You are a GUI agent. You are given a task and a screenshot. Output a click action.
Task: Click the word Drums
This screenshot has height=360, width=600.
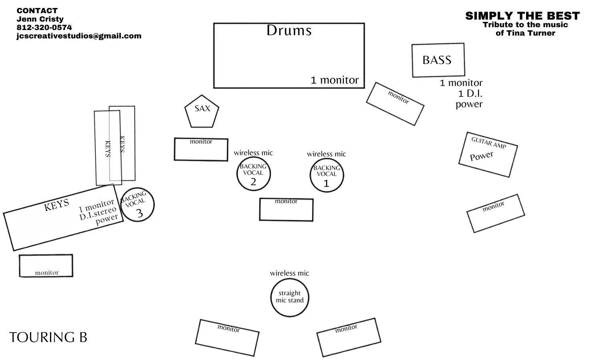289,30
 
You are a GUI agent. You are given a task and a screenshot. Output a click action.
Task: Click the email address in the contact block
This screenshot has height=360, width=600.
79,36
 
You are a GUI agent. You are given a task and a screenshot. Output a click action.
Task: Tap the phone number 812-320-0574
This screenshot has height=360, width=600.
44,27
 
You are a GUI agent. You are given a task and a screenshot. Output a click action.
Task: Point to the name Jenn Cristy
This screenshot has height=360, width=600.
40,19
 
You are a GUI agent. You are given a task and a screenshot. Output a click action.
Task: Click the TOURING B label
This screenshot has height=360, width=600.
48,337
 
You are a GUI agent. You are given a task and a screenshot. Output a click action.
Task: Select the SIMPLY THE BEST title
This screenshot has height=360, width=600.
522,16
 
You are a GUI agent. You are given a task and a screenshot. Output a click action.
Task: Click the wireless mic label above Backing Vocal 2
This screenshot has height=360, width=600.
253,153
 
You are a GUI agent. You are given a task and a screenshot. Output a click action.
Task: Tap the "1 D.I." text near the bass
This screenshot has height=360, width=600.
470,94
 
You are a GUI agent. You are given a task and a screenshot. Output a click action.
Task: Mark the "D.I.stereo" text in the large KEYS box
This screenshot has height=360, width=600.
98,213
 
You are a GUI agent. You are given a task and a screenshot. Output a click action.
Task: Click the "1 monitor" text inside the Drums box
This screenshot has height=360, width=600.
334,80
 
